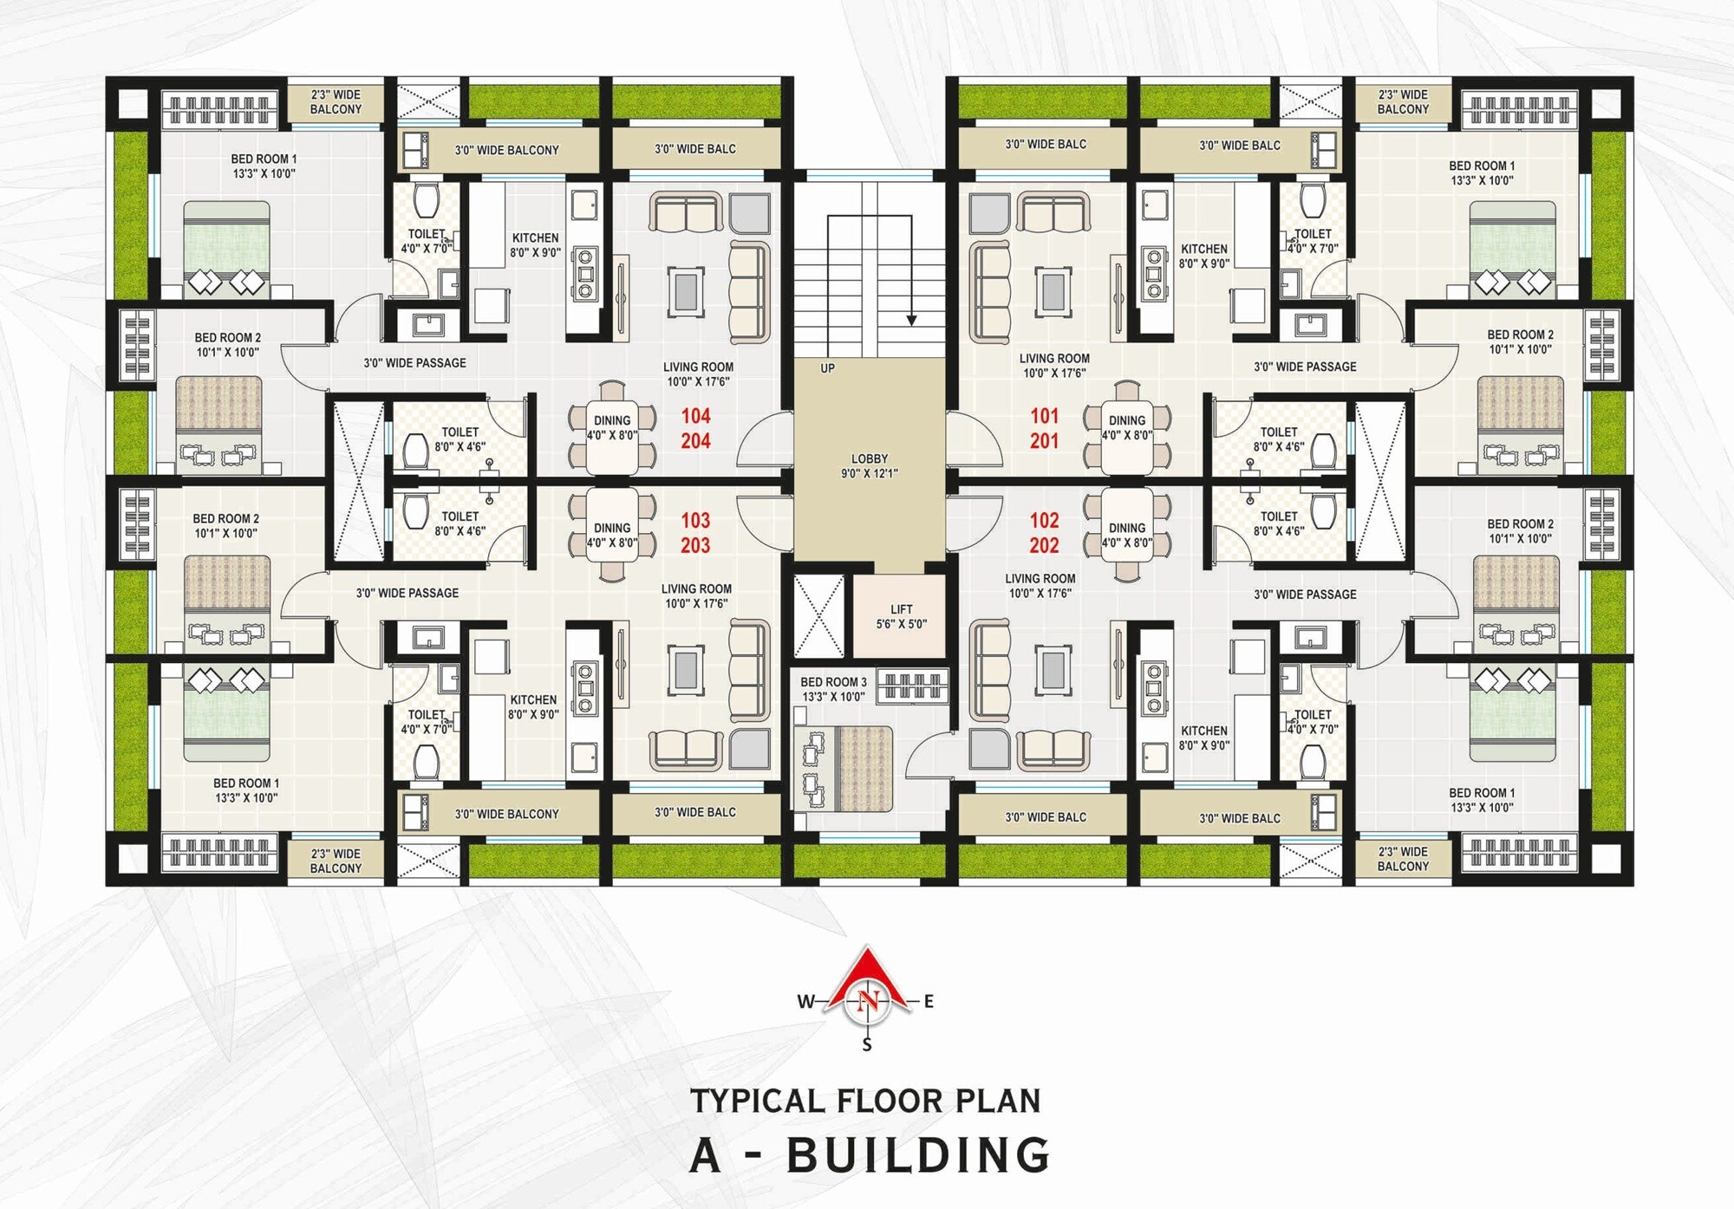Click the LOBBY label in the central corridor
pyautogui.click(x=869, y=458)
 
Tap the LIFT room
pyautogui.click(x=901, y=616)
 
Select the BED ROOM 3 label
pyautogui.click(x=833, y=682)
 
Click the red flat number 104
pyautogui.click(x=695, y=416)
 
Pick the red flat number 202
pyautogui.click(x=1044, y=545)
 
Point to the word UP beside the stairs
pyautogui.click(x=827, y=368)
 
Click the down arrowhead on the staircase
pyautogui.click(x=911, y=321)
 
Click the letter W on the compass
pyautogui.click(x=805, y=1002)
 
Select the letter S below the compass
pyautogui.click(x=867, y=1045)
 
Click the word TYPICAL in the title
pyautogui.click(x=757, y=1101)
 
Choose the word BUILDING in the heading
pyautogui.click(x=918, y=1155)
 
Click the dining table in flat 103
pyautogui.click(x=612, y=535)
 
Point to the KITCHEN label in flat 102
pyautogui.click(x=1203, y=731)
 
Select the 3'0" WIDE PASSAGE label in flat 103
pyautogui.click(x=407, y=593)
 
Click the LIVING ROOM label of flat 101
pyautogui.click(x=1054, y=358)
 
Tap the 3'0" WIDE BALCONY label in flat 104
pyautogui.click(x=506, y=150)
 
